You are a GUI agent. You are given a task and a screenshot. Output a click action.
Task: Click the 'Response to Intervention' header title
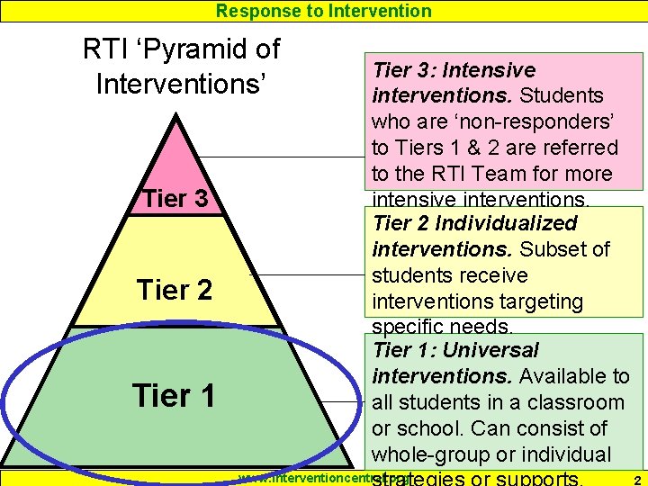coord(324,11)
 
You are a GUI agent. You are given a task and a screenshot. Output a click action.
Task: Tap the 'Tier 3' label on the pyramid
coord(175,199)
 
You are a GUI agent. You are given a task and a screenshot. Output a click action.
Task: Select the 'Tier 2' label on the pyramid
coord(175,290)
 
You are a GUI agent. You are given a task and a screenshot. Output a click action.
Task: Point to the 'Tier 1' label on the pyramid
coord(174,395)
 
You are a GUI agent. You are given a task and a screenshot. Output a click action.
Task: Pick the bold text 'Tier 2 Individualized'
coord(474,223)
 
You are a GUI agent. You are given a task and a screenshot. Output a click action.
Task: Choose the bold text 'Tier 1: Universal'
coord(455,350)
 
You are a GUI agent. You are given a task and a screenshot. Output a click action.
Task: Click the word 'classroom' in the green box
coord(576,402)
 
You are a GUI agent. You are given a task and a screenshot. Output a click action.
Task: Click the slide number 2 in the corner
coord(636,479)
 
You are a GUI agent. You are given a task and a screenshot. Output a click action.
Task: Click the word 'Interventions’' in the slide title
coord(181,85)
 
